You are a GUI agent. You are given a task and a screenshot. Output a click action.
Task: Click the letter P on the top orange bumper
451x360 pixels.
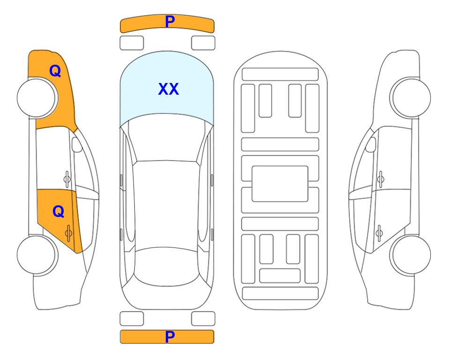tap(170, 22)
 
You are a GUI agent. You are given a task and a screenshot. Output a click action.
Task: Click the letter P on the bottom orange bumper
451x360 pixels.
tap(170, 337)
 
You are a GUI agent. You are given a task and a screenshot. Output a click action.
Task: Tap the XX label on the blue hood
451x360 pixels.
tap(169, 89)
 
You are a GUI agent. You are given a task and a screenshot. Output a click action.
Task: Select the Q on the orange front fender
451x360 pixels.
tap(55, 71)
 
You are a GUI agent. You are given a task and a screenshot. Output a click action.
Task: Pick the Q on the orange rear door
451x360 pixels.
tap(59, 212)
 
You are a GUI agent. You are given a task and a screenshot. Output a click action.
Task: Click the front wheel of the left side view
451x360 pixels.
tap(37, 98)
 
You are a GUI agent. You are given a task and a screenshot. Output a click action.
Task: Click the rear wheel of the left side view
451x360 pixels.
tap(37, 255)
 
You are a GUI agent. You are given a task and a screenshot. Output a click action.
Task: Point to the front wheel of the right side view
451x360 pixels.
tap(410, 97)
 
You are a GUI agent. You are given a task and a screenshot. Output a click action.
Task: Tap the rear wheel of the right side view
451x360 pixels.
tap(410, 255)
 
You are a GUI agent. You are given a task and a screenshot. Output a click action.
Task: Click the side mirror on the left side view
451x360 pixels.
tap(77, 144)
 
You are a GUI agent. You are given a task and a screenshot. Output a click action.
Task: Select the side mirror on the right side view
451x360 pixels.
tap(371, 144)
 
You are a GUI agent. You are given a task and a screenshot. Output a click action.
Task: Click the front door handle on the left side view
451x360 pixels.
tap(67, 179)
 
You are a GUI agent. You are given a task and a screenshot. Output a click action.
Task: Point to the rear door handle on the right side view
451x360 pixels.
tap(379, 233)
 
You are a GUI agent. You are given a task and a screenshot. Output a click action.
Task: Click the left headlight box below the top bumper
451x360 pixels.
tap(132, 43)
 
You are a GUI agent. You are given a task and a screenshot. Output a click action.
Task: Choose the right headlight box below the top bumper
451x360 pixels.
tap(203, 43)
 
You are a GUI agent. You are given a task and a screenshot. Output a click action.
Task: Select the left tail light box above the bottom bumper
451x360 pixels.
tap(132, 319)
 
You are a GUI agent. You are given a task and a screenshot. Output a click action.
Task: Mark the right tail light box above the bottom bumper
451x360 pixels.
tap(203, 319)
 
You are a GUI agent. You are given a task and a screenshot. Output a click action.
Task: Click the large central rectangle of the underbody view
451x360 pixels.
tap(280, 184)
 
